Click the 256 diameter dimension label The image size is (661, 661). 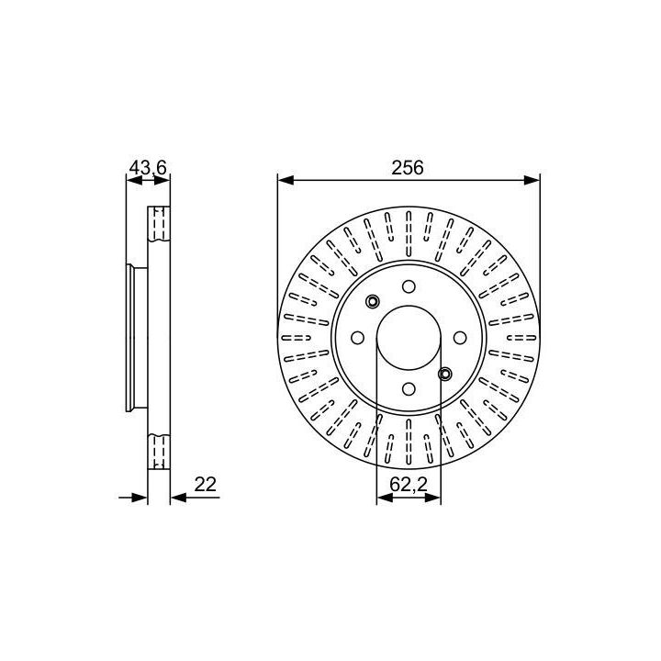tap(408, 168)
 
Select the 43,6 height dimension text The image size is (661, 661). tap(148, 168)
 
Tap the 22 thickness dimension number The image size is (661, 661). tap(206, 484)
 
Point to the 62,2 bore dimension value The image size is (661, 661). tap(409, 484)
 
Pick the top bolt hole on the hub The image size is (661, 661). tap(409, 286)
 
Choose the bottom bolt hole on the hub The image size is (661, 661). tap(409, 388)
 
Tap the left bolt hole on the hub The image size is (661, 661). tap(357, 338)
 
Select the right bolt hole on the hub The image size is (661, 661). tap(460, 338)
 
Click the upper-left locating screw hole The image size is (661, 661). tap(372, 301)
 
